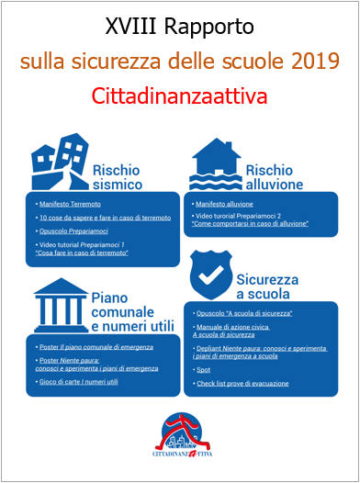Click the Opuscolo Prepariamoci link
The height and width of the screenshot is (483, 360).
[x=78, y=233]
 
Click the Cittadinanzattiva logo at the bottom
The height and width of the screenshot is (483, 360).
[x=181, y=435]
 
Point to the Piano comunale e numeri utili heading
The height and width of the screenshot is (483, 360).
[x=130, y=310]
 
